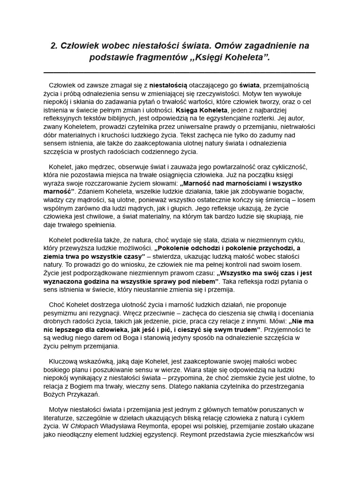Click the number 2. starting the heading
click(54, 46)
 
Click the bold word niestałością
click(168, 85)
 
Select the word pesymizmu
click(62, 313)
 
